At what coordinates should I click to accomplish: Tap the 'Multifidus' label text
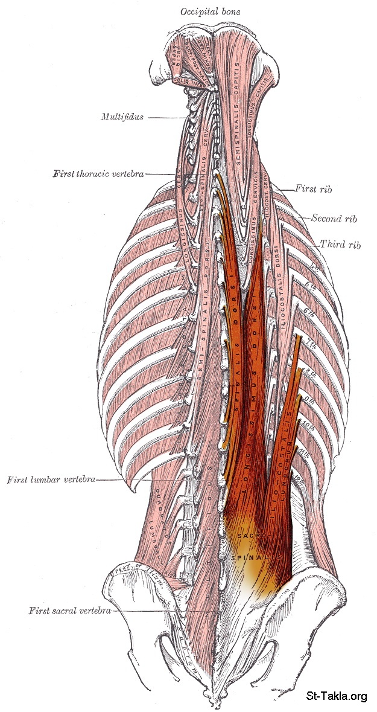(x=122, y=117)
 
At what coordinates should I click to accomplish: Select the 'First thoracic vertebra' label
(x=98, y=174)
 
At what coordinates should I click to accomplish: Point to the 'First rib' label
(x=314, y=188)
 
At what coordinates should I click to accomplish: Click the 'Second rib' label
(x=334, y=218)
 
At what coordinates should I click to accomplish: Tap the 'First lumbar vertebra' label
(x=51, y=480)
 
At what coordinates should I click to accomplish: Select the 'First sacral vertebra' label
(x=69, y=611)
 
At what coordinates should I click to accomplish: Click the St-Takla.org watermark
(x=336, y=696)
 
